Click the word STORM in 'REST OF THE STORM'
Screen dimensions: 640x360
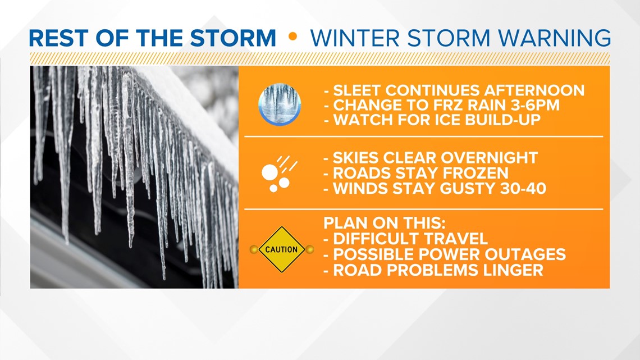coord(233,38)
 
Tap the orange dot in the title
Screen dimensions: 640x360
coord(292,37)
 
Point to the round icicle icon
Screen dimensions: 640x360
coord(280,104)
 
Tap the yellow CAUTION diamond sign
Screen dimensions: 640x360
coord(282,249)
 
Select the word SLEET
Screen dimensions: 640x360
coord(357,90)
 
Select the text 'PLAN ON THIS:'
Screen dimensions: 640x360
coord(384,224)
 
